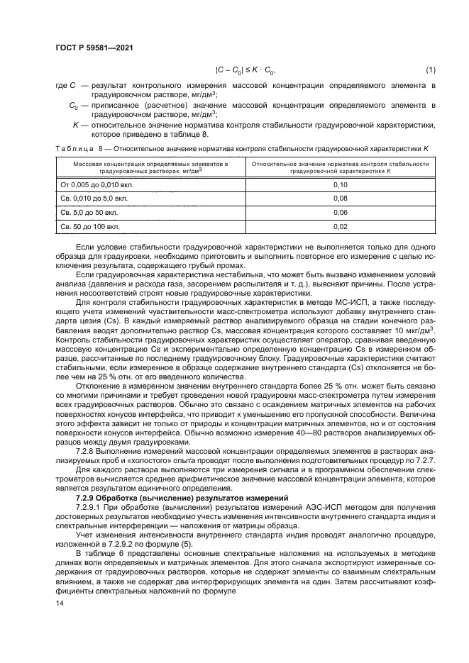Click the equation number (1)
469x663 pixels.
coord(430,69)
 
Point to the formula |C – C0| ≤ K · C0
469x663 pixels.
coord(245,69)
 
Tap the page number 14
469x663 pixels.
coord(60,603)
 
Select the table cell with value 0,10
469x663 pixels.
coord(341,184)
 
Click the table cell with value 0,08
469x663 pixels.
coord(341,199)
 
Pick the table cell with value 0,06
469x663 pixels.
coord(341,213)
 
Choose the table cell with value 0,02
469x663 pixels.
coord(341,227)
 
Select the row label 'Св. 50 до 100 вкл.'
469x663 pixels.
coord(90,227)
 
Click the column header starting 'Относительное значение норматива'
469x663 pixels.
coord(341,167)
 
